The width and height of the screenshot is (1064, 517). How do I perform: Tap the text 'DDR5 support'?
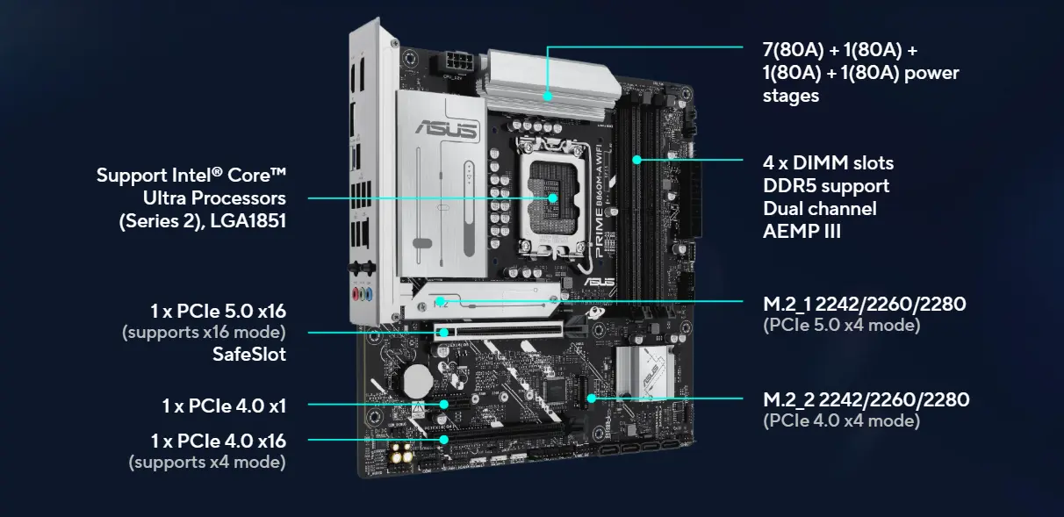[x=825, y=186]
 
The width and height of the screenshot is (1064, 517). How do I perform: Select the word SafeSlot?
[x=248, y=354]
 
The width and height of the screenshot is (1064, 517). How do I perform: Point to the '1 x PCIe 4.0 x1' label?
[x=224, y=406]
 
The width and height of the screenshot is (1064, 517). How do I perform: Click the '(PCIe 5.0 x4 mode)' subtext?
[x=841, y=326]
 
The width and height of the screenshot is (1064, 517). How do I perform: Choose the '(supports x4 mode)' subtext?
[x=207, y=461]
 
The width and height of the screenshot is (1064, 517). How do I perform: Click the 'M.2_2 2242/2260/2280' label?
[x=866, y=400]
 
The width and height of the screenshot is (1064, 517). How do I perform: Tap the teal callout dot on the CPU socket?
[x=553, y=198]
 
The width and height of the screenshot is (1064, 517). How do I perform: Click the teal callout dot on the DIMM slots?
[x=637, y=160]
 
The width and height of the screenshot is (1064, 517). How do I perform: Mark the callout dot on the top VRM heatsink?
[x=547, y=97]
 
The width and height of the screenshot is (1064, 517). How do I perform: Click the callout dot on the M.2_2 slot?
[x=593, y=399]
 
